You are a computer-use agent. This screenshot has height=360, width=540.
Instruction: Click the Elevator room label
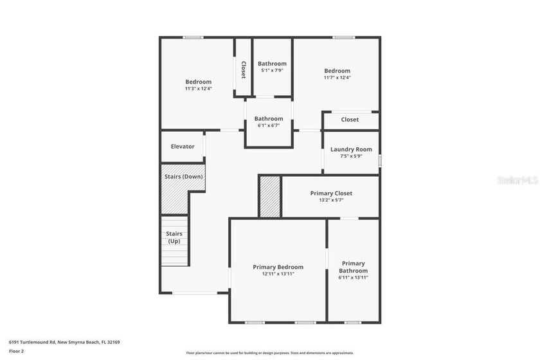pos(183,147)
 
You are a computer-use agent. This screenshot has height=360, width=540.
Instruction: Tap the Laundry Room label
pos(351,150)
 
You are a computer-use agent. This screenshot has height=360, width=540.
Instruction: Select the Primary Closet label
pos(331,194)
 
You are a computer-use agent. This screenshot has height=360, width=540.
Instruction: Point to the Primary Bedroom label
pos(278,267)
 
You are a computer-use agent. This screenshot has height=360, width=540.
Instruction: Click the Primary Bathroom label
pos(353,267)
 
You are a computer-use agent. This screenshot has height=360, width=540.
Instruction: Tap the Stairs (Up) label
pos(174,237)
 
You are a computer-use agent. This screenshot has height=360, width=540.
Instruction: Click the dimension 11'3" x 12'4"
pos(198,89)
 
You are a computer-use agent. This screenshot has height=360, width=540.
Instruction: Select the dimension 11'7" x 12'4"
pos(337,78)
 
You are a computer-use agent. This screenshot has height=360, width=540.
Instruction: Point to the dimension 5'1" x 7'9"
pos(272,71)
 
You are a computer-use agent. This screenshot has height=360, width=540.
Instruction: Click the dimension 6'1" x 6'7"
pos(269,125)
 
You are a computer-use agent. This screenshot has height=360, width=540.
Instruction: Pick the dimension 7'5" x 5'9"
pos(351,156)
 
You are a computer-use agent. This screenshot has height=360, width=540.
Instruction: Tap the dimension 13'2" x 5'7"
pos(331,200)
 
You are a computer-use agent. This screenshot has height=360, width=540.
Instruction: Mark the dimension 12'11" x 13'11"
pos(278,274)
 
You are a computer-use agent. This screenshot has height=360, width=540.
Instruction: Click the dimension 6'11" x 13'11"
pos(353,278)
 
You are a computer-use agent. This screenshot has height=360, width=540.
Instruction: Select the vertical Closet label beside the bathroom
pos(243,69)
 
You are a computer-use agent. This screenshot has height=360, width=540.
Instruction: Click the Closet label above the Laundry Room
pos(350,120)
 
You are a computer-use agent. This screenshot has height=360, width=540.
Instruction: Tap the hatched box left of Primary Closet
pos(270,197)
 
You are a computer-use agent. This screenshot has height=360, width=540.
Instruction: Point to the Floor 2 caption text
pos(16,351)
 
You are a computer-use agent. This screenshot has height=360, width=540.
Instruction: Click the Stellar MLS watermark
pos(517,181)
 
